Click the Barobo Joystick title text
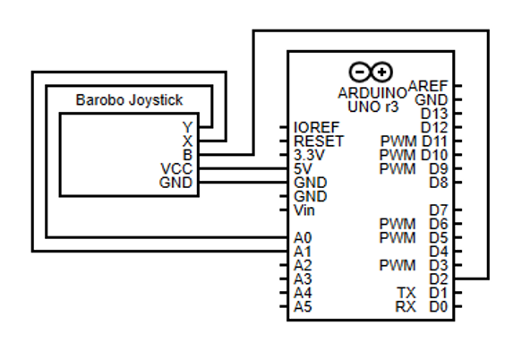129,100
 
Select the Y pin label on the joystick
186,127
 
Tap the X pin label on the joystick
186,141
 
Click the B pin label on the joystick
186,155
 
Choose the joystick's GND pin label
175,183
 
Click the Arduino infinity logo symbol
372,72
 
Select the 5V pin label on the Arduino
303,168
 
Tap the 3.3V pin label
309,155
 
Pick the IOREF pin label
314,127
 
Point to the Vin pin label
303,210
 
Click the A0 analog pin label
303,238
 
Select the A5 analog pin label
303,307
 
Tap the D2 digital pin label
439,279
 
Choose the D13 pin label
435,114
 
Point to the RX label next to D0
406,307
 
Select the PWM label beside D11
397,141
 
